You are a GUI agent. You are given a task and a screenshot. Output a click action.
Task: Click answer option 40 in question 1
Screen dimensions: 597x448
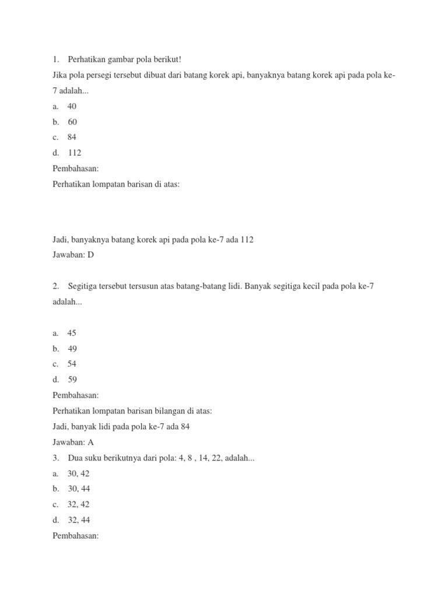point(72,107)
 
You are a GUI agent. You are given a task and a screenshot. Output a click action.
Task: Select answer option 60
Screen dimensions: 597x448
point(72,122)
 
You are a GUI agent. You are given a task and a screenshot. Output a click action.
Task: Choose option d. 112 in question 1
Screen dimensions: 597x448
point(74,153)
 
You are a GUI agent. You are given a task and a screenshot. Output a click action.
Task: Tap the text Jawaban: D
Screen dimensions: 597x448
point(73,255)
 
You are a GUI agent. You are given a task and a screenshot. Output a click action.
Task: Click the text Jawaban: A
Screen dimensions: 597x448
point(73,442)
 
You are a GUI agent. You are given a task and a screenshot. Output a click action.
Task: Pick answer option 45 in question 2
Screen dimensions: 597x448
point(72,333)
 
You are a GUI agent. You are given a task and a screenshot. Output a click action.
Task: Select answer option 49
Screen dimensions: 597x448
point(72,349)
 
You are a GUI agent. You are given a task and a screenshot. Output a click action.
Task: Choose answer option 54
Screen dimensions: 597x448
point(72,364)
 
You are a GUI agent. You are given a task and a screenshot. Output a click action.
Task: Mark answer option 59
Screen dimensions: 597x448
point(72,380)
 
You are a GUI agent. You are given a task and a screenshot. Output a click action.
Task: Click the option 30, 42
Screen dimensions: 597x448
point(78,473)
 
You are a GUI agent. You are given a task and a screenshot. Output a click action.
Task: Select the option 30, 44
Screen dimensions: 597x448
point(78,489)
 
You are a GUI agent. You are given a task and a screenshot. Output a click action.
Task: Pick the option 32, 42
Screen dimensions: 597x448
point(78,504)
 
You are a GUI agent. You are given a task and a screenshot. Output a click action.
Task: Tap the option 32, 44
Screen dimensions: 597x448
point(78,520)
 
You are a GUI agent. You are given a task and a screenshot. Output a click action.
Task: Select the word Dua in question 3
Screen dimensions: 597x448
point(75,458)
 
